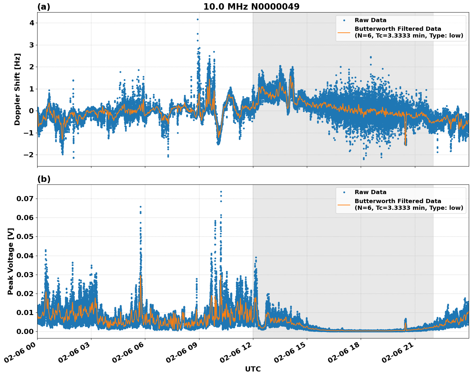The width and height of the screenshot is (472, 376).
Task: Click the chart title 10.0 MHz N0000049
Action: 251,7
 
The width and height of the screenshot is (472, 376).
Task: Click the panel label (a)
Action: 44,7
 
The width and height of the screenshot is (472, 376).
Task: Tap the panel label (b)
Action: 44,179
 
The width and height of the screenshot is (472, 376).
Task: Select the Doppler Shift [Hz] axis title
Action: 17,89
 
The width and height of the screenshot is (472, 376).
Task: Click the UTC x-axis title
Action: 253,369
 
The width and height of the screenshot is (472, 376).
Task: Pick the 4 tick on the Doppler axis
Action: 32,23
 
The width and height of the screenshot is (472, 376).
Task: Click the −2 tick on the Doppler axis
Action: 29,155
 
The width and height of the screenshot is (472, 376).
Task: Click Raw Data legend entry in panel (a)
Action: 370,20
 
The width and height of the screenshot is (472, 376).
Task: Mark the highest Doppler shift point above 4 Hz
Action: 198,19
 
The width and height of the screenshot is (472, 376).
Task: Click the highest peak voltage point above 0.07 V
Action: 221,192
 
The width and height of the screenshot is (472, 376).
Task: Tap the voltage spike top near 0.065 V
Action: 140,207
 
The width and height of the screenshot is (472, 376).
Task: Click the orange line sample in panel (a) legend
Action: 344,32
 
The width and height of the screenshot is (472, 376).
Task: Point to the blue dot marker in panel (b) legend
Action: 344,192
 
